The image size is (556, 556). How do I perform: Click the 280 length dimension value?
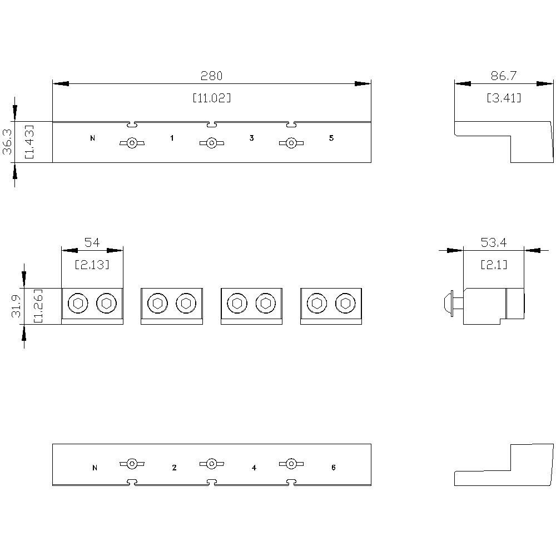(x=211, y=76)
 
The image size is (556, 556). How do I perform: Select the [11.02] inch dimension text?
(x=212, y=98)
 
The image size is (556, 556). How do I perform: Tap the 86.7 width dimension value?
(x=504, y=76)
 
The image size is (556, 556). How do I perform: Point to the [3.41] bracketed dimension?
(x=504, y=98)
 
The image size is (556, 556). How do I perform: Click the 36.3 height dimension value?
(x=7, y=141)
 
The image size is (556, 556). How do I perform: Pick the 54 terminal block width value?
(x=92, y=242)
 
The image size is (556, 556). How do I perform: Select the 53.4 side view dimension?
(x=494, y=242)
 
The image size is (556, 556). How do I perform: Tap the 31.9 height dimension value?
(x=16, y=306)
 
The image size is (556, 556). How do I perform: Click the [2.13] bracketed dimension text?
(x=92, y=265)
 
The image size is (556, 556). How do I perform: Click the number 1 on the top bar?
(x=172, y=138)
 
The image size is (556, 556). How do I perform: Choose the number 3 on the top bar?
(x=252, y=138)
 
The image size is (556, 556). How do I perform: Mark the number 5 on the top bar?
(x=331, y=138)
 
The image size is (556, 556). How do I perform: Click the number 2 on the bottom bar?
(x=174, y=468)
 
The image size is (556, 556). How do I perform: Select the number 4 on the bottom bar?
(x=254, y=468)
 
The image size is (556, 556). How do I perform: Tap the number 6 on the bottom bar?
(x=333, y=468)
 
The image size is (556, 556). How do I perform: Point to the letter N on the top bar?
(x=92, y=138)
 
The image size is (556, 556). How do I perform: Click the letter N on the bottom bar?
(x=95, y=468)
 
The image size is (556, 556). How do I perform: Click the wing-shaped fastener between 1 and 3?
(x=212, y=143)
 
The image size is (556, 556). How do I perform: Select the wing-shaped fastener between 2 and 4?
(x=212, y=464)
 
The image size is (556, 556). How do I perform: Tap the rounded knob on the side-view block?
(x=449, y=304)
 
